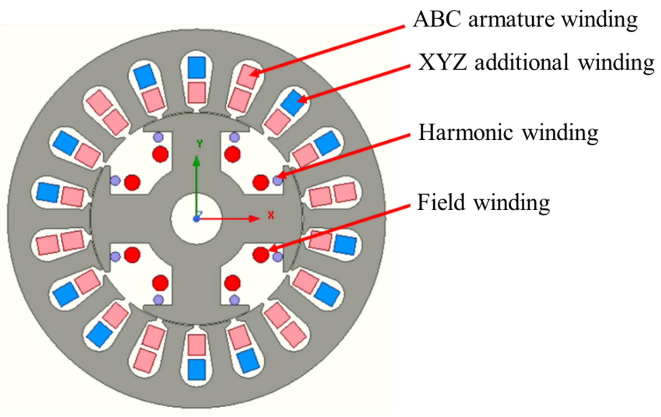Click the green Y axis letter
(199, 144)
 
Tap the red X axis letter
(271, 215)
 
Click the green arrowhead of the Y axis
(197, 161)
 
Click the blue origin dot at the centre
(196, 219)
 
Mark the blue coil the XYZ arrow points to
(292, 102)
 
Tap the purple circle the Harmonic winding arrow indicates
(277, 181)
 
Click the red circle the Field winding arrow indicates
(261, 255)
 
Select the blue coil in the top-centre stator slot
(197, 67)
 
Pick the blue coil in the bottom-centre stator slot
(197, 369)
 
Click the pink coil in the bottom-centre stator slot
(197, 345)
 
